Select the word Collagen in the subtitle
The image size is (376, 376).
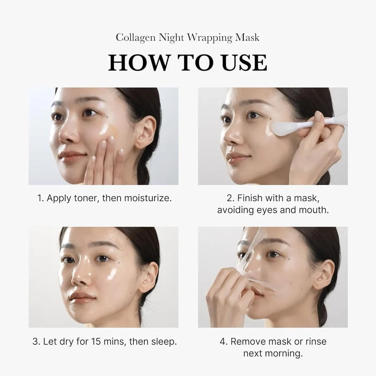[134, 37]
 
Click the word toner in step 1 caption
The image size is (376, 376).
[87, 198]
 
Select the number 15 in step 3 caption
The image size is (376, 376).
[99, 341]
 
